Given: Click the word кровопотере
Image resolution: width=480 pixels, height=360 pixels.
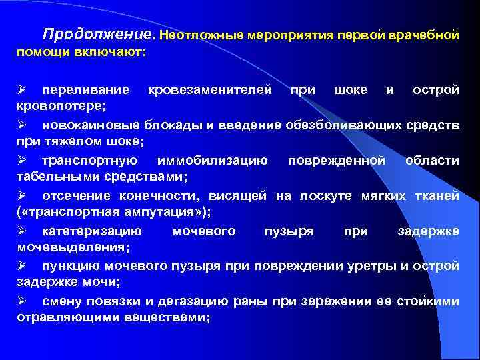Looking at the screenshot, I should (x=63, y=106).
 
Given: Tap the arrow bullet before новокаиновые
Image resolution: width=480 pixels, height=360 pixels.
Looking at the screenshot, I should (x=22, y=125).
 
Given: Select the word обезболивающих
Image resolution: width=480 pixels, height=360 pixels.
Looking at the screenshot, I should (x=344, y=125).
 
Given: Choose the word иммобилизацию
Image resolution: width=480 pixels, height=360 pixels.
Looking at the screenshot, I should (x=212, y=160).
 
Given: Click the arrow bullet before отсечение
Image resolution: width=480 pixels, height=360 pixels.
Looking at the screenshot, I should (x=22, y=195).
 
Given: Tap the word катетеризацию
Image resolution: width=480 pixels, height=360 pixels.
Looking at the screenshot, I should (x=91, y=231).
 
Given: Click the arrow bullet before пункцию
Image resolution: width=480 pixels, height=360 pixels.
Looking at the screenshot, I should (x=22, y=266).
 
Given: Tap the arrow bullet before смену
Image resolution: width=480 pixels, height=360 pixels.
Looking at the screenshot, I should (x=22, y=301).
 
